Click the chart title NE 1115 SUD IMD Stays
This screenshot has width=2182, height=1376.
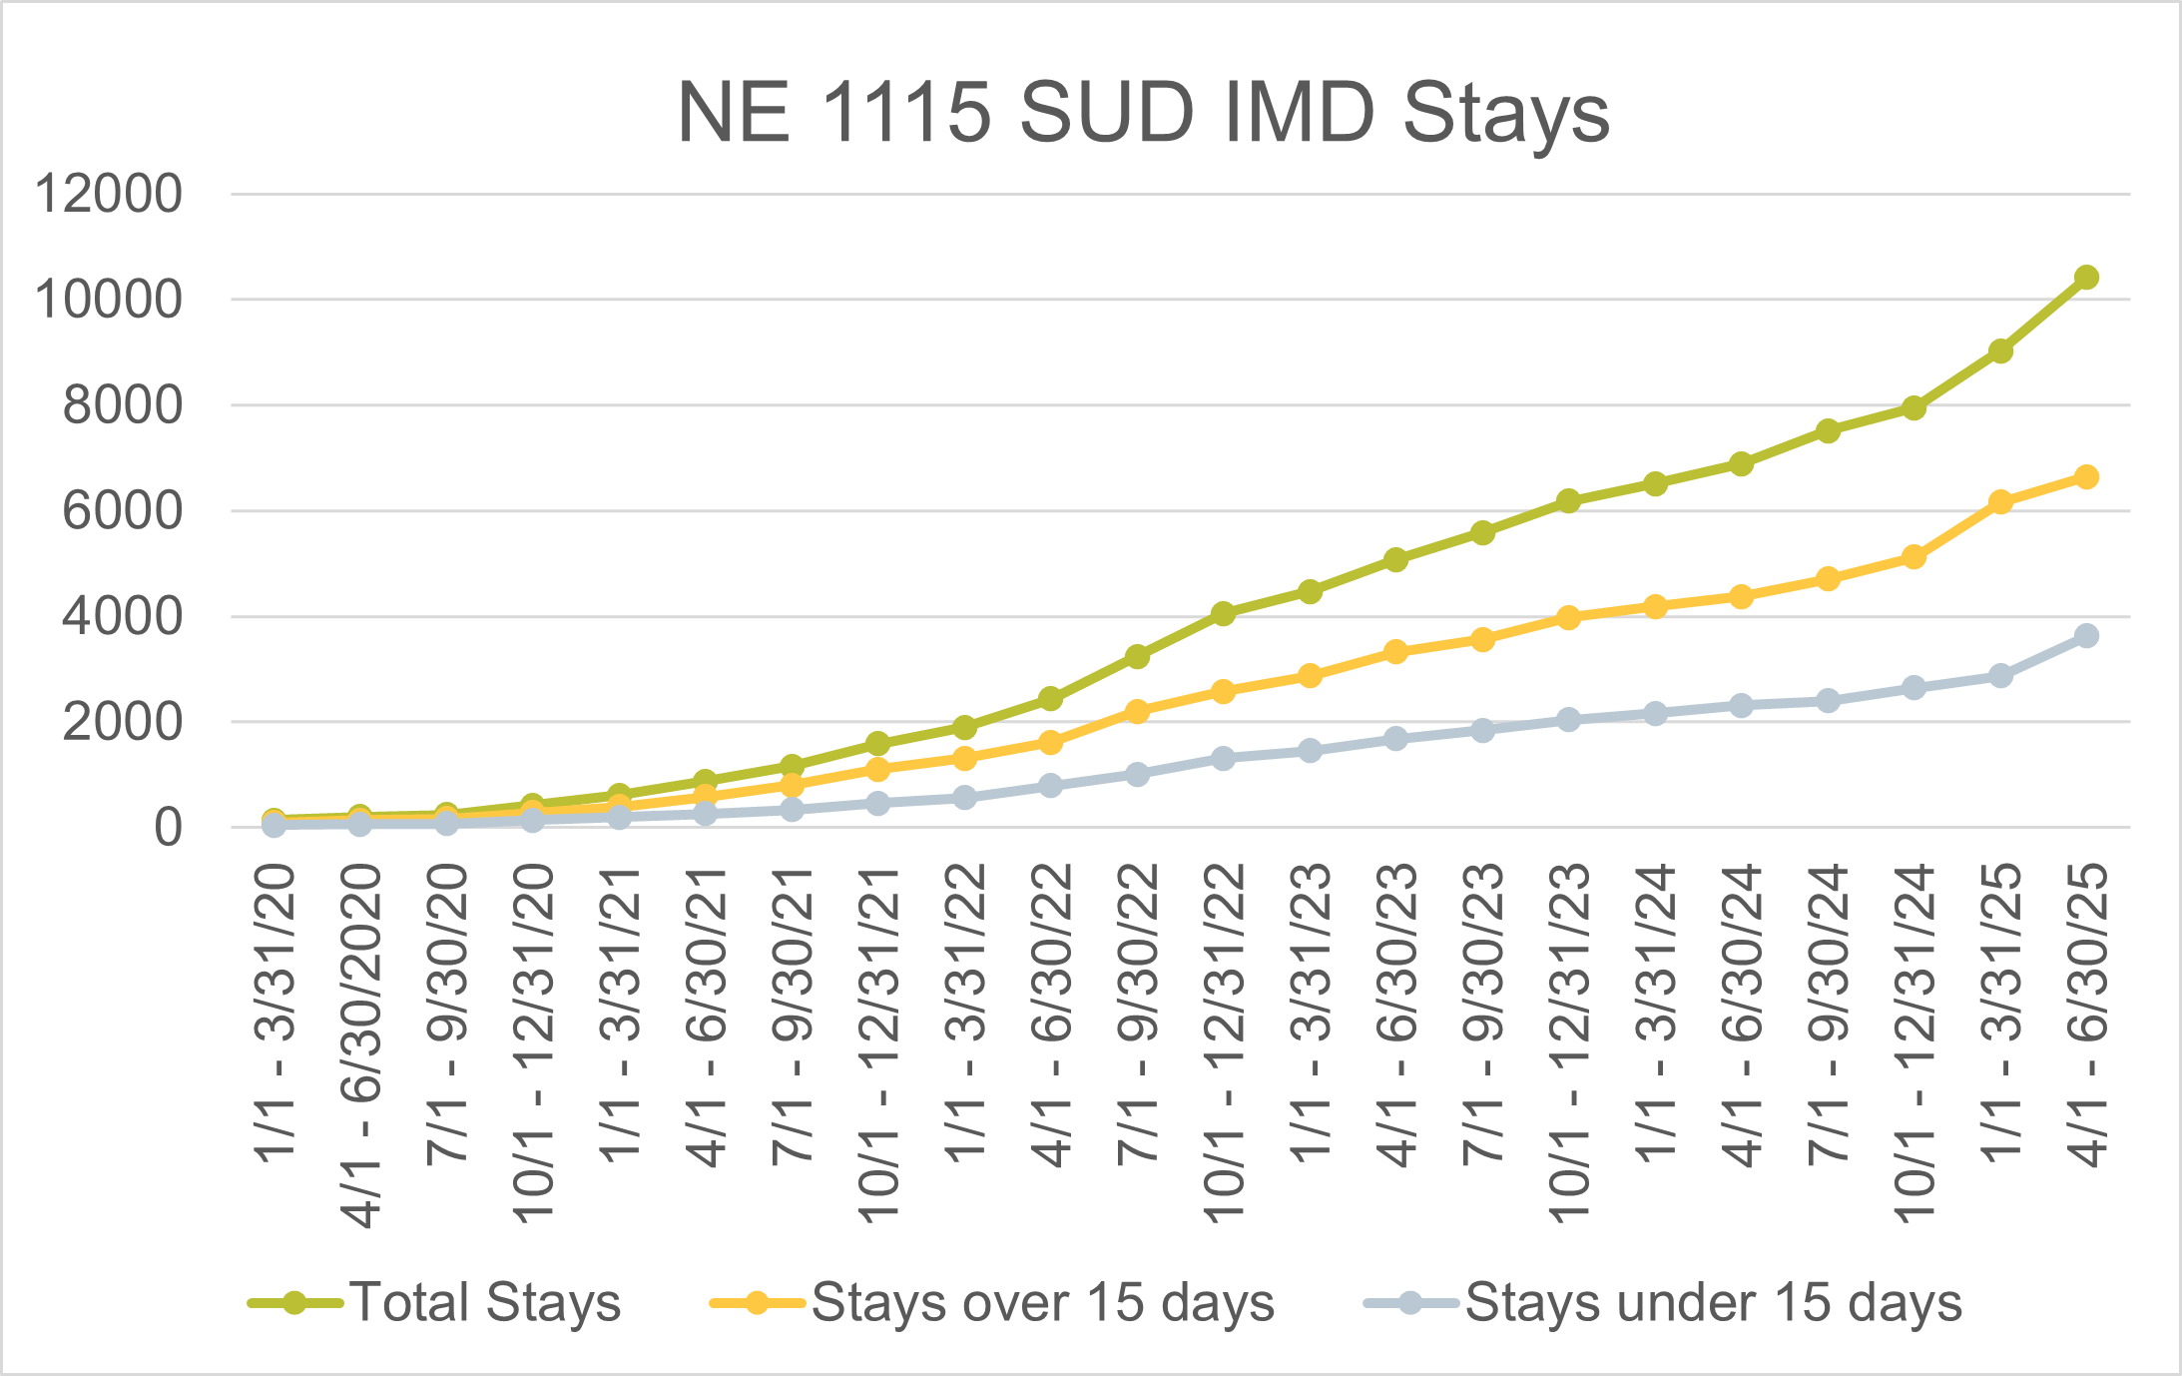click(1143, 112)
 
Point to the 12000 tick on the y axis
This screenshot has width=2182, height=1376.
click(109, 194)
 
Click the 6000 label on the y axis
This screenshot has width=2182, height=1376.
click(123, 511)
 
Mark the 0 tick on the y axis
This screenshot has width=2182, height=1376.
click(168, 828)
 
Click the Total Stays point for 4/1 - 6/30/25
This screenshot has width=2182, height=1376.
click(2086, 278)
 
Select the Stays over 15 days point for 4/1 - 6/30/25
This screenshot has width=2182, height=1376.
click(2086, 477)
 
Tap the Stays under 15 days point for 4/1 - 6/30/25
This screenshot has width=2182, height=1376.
click(2086, 636)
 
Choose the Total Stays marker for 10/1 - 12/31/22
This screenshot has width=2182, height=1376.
click(1224, 613)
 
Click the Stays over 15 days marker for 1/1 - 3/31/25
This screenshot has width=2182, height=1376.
click(2000, 502)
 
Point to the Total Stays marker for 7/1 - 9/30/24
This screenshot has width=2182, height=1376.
click(1828, 431)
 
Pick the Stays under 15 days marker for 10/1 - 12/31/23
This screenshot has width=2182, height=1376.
click(1568, 720)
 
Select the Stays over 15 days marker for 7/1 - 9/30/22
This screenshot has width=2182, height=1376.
click(1137, 712)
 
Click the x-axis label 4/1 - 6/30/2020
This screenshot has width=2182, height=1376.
click(361, 1045)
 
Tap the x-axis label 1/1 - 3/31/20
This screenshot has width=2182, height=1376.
click(275, 1014)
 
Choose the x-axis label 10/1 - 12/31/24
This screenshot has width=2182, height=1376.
click(1914, 1043)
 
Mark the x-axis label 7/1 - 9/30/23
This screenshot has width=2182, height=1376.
click(1482, 1014)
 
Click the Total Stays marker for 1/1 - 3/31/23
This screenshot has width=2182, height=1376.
click(1310, 592)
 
